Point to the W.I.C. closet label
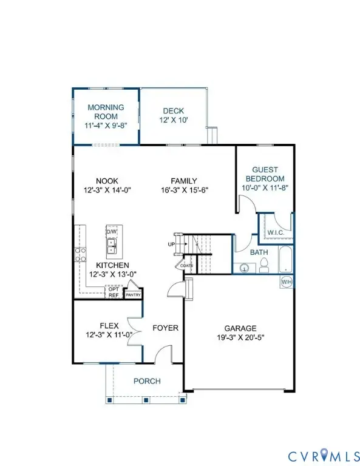click(x=275, y=232)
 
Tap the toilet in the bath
click(x=265, y=265)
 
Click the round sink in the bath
click(x=245, y=266)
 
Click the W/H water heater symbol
click(x=286, y=282)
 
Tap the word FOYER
click(x=165, y=328)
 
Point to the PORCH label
click(x=147, y=381)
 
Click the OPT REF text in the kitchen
click(x=114, y=292)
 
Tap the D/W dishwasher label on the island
click(x=111, y=232)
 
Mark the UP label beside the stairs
click(x=171, y=244)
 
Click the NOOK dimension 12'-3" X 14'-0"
click(x=106, y=189)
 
